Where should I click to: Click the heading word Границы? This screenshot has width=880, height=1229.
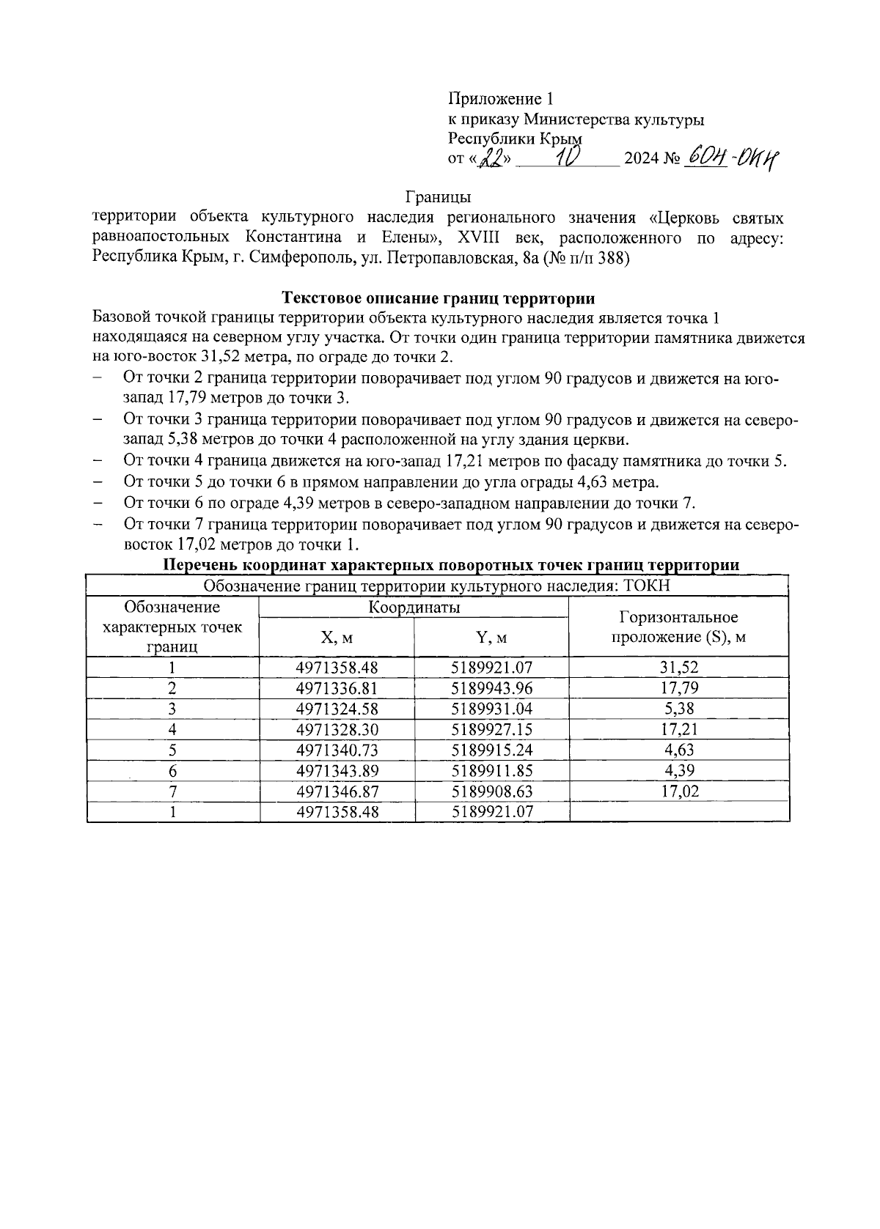tap(438, 197)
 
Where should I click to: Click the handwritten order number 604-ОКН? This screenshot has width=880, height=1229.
tap(730, 157)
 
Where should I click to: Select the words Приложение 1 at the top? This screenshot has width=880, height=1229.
tap(499, 99)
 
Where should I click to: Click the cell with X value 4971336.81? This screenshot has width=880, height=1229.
tap(337, 688)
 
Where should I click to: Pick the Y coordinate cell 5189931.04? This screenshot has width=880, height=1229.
tap(491, 709)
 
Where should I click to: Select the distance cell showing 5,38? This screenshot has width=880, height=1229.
tap(678, 709)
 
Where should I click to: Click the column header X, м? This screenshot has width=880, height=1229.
tap(337, 638)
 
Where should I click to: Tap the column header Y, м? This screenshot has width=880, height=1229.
tap(491, 638)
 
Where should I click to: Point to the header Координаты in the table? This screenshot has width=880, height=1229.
tap(414, 608)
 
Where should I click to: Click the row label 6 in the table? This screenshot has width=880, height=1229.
tap(172, 770)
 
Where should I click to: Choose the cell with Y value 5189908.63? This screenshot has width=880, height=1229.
tap(491, 791)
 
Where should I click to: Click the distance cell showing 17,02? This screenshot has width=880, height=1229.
tap(678, 791)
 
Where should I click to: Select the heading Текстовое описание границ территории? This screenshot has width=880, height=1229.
tap(438, 298)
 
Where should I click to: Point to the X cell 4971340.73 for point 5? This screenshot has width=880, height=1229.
tap(337, 750)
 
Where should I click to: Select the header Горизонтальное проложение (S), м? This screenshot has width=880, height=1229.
tap(678, 627)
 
